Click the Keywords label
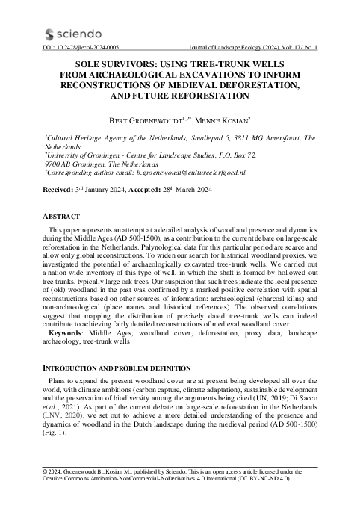(x=69, y=332)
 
